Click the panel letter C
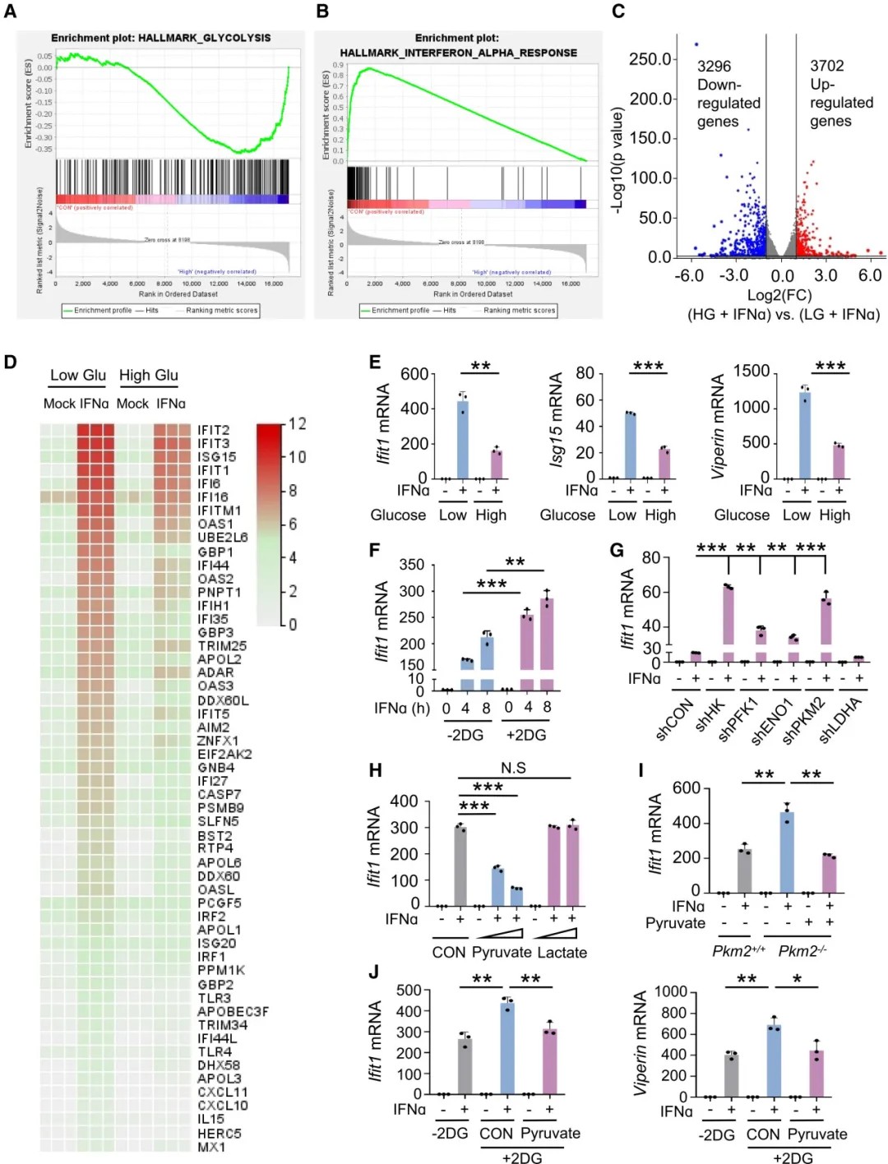(618, 11)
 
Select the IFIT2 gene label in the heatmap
(214, 430)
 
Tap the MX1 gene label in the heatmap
(211, 1147)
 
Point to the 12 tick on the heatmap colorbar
(297, 424)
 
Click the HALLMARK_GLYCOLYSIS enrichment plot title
(160, 38)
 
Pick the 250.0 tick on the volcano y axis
(650, 59)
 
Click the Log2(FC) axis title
(779, 295)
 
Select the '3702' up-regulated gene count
(826, 66)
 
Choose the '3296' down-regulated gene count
(714, 67)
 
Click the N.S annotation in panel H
(513, 768)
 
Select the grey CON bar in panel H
(460, 866)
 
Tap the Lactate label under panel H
(562, 953)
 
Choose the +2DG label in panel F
(526, 735)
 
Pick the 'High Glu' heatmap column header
(148, 376)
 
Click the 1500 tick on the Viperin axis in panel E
(752, 372)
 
